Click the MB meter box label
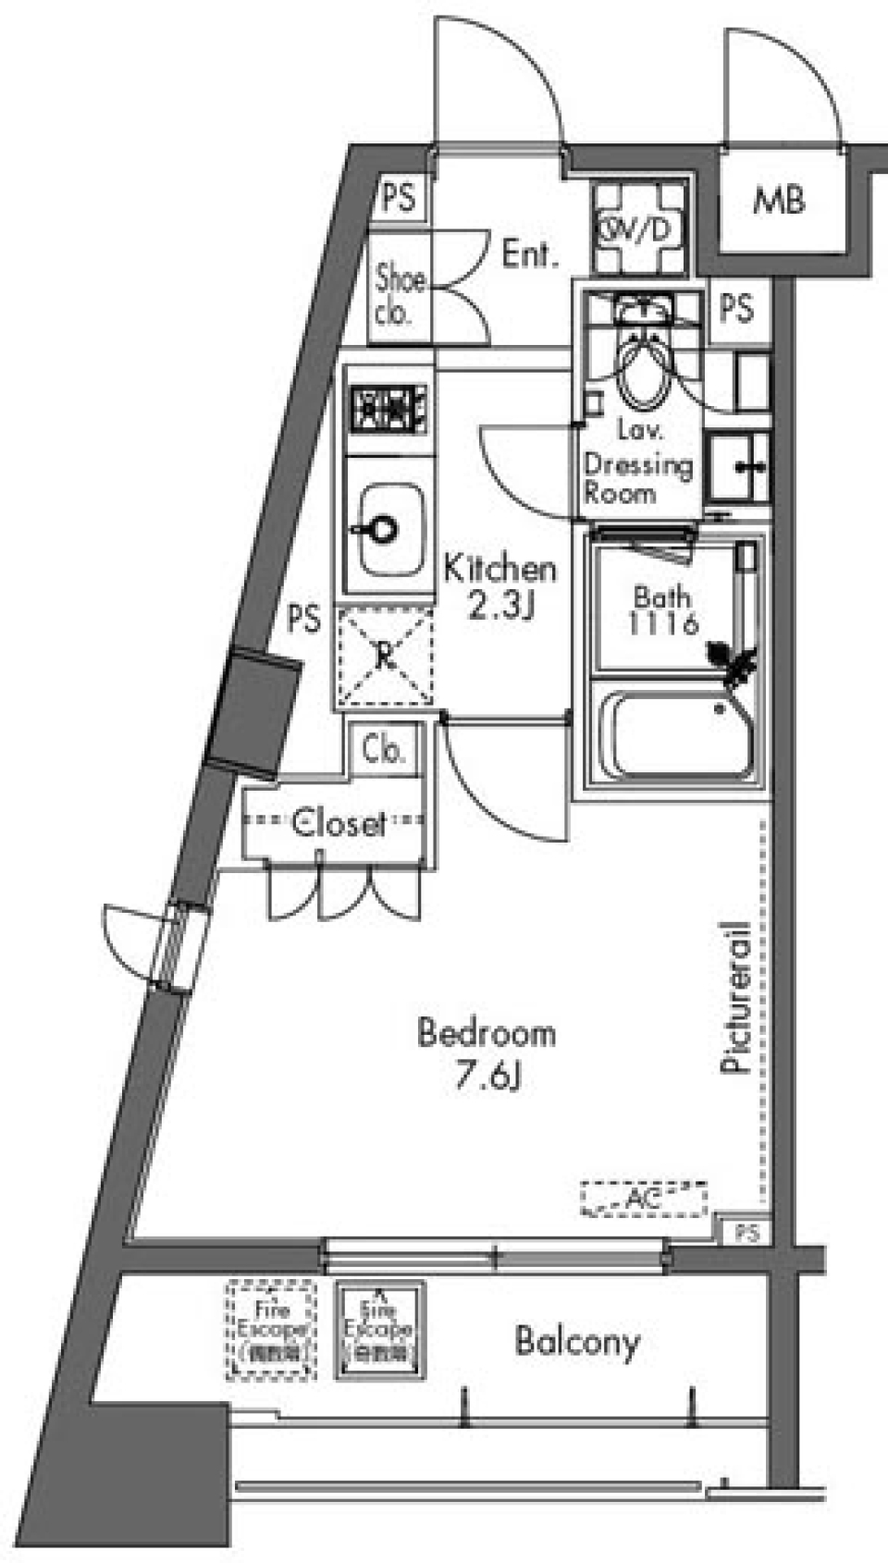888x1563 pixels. (x=779, y=200)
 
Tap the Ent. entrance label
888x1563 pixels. (x=530, y=253)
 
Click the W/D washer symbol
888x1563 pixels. (x=640, y=228)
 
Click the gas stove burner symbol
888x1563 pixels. (x=388, y=408)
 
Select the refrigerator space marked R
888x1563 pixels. (x=385, y=656)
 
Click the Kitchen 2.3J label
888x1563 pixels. (x=499, y=586)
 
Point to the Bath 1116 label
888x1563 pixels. (x=662, y=610)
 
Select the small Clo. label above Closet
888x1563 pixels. (x=383, y=748)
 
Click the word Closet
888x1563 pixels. (x=338, y=822)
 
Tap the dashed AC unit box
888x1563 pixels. (x=644, y=1200)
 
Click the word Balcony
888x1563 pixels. (x=576, y=1341)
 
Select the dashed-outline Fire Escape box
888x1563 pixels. (x=271, y=1330)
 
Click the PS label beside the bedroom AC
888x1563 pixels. (x=746, y=1233)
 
